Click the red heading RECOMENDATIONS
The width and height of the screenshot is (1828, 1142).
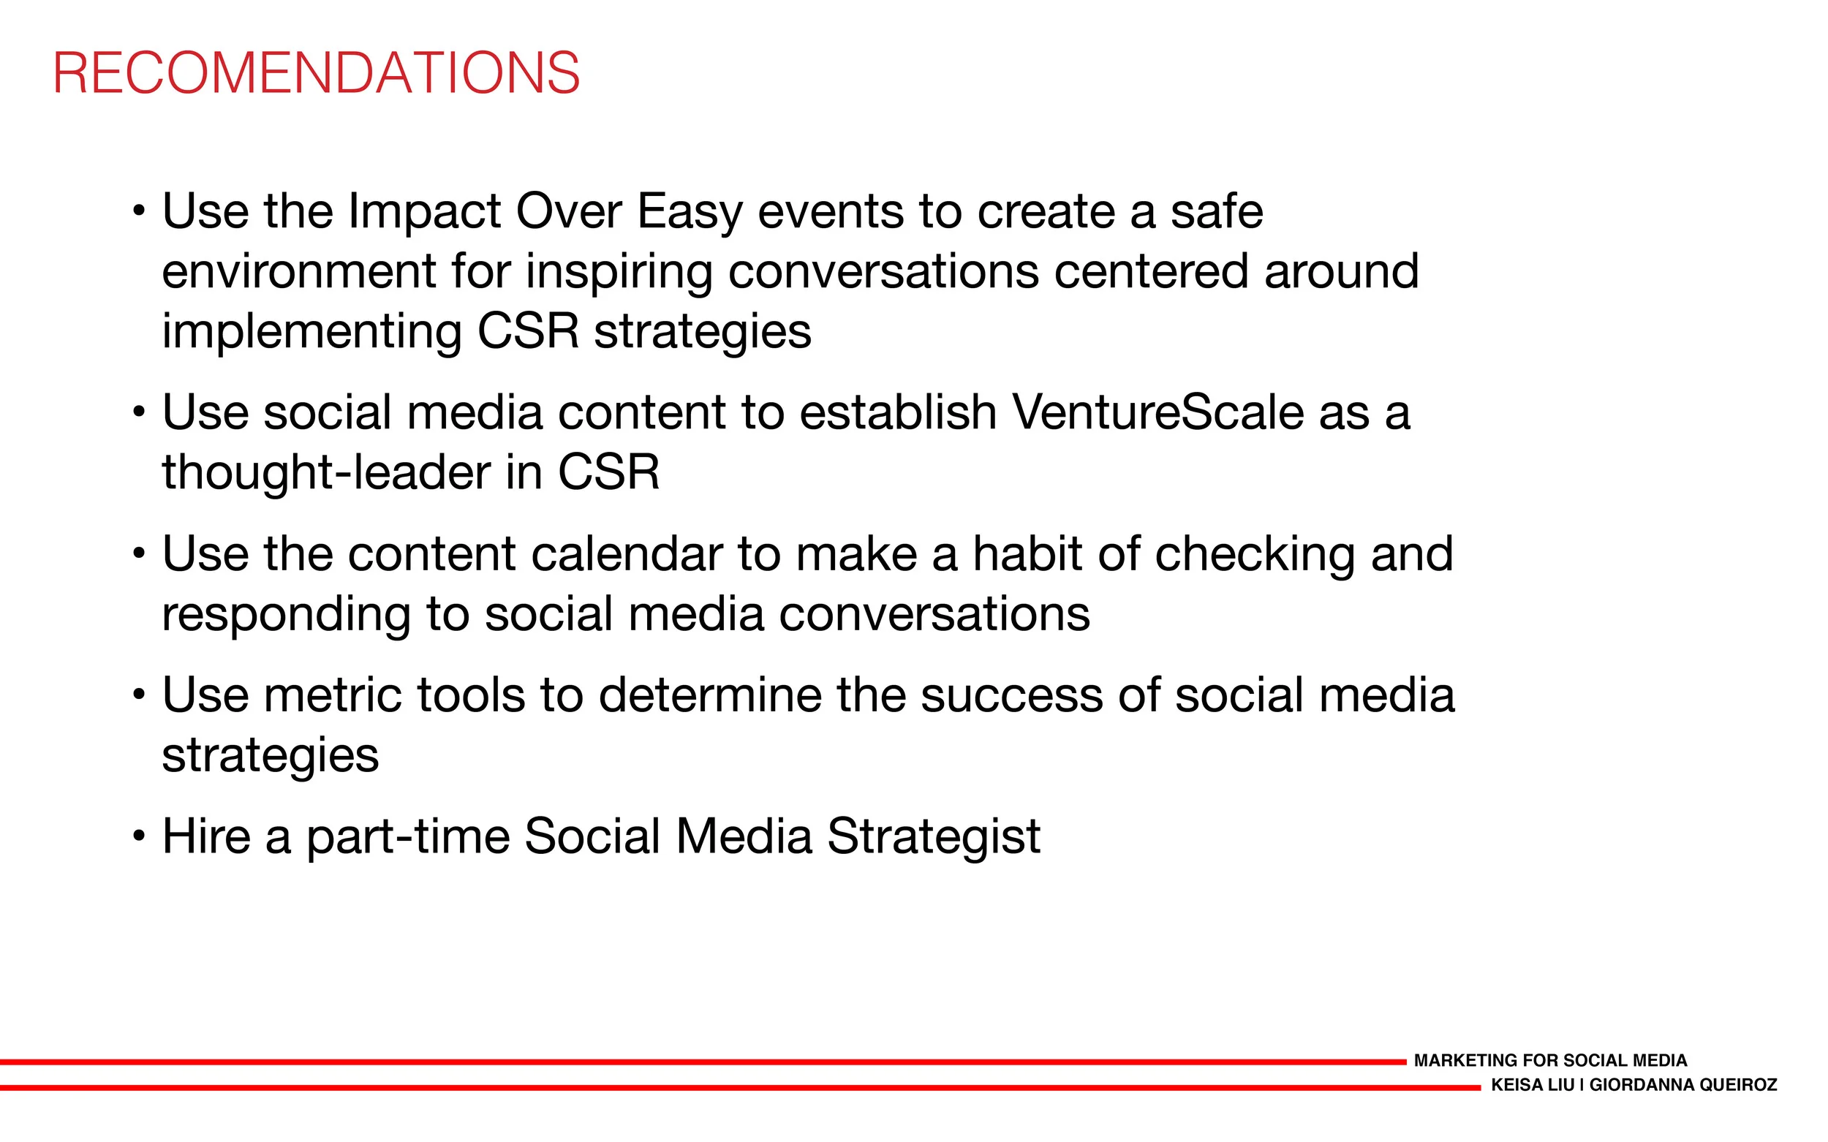point(317,73)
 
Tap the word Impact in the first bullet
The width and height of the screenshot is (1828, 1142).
point(424,212)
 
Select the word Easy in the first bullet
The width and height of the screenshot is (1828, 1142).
point(690,212)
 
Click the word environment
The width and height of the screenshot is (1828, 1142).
point(299,272)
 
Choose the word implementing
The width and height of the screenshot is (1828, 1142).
point(312,333)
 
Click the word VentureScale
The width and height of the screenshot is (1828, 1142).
point(1158,413)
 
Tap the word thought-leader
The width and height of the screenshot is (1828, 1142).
point(326,473)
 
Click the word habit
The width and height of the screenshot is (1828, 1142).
point(1027,554)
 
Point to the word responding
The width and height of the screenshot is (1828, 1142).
point(287,616)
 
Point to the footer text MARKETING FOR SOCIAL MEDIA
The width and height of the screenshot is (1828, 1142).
point(1550,1060)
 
